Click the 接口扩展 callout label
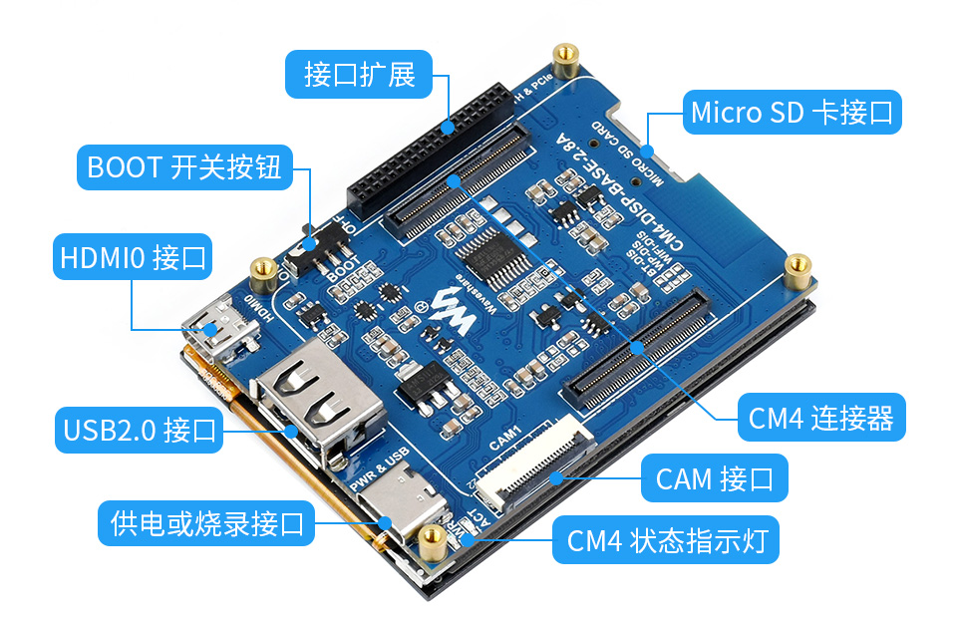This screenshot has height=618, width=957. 359,74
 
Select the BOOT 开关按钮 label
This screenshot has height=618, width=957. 185,166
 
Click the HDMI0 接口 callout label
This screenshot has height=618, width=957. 133,257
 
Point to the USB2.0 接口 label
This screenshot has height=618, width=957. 139,431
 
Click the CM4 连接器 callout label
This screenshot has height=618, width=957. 821,418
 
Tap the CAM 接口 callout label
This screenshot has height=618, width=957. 715,479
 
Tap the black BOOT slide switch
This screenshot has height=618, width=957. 312,244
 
